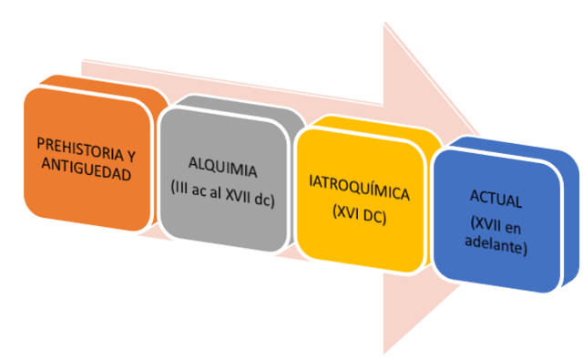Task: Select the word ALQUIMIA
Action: tap(223, 170)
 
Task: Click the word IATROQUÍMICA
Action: tap(360, 194)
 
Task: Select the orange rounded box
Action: tap(87, 155)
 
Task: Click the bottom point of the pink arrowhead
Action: tap(385, 352)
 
